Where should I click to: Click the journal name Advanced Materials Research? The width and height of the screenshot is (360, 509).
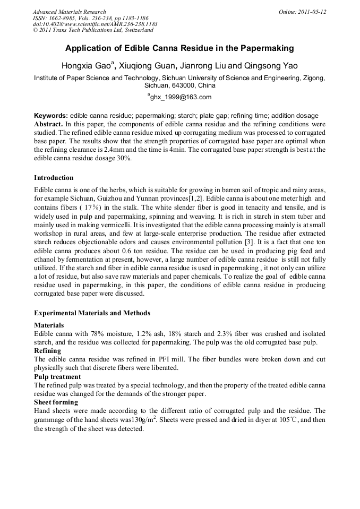click(69, 12)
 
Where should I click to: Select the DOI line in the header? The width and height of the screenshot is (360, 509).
click(95, 24)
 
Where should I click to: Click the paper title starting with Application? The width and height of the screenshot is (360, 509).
click(179, 48)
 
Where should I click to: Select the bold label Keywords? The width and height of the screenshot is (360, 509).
click(51, 115)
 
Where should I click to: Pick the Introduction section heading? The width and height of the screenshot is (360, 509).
click(54, 177)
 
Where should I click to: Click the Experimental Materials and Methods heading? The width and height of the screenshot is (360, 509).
click(92, 313)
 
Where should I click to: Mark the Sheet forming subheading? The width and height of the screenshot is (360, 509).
click(55, 402)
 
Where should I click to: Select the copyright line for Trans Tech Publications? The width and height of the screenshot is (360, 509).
click(93, 31)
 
